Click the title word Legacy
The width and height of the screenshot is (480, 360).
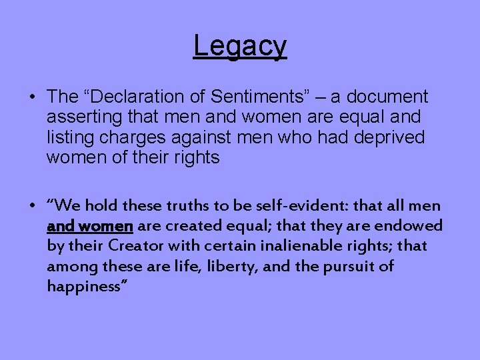point(240,46)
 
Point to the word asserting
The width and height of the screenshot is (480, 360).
point(79,117)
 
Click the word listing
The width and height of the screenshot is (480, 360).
point(69,137)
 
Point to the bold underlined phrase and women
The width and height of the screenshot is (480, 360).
point(89,226)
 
